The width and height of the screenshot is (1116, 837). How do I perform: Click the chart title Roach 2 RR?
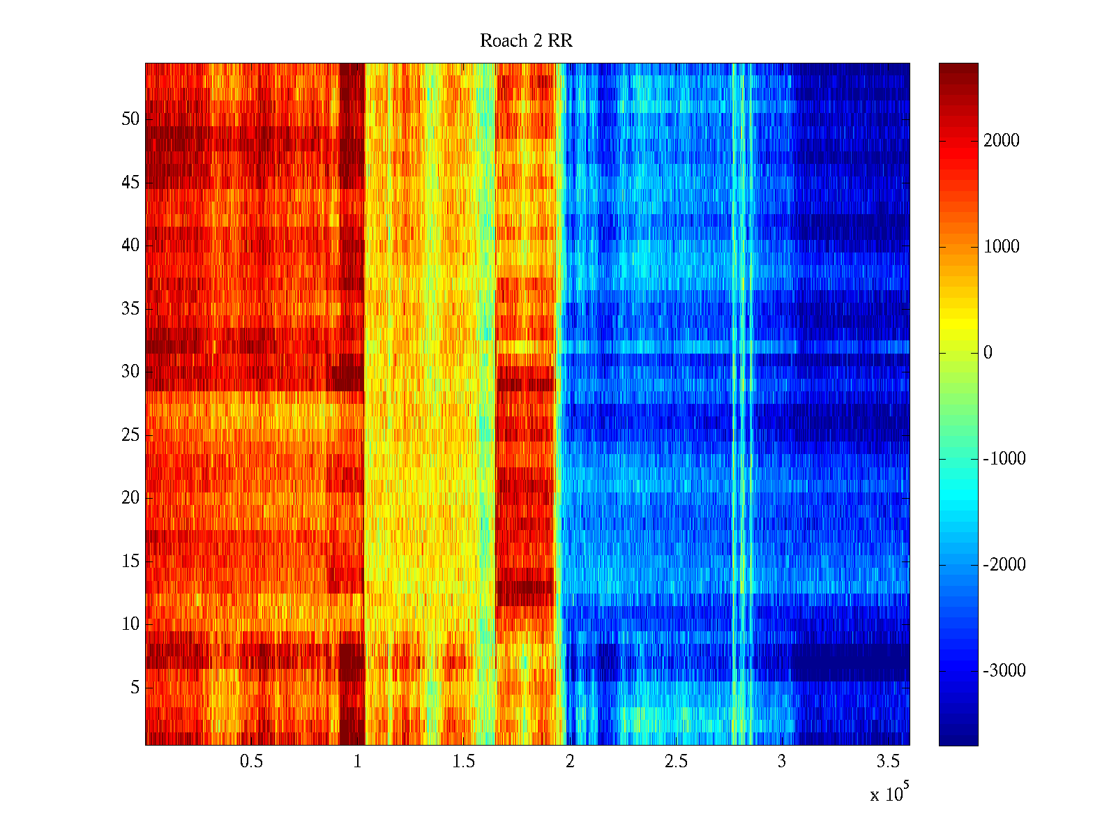[x=526, y=41]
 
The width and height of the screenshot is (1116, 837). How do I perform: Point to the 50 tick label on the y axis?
[x=130, y=119]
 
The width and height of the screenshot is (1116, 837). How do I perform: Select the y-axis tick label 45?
[x=130, y=183]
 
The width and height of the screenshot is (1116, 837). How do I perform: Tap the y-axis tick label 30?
[x=130, y=372]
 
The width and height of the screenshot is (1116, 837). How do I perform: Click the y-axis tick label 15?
[x=130, y=561]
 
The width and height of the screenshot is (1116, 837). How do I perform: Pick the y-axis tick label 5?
[x=135, y=688]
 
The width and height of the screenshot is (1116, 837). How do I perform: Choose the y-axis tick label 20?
[x=130, y=498]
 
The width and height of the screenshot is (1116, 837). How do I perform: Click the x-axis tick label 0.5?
[x=251, y=762]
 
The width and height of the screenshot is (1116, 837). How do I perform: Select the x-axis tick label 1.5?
[x=463, y=762]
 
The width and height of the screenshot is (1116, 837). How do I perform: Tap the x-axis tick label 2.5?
[x=676, y=762]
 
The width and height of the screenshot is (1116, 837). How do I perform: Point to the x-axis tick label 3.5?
[x=888, y=762]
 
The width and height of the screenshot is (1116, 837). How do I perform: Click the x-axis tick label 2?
[x=570, y=762]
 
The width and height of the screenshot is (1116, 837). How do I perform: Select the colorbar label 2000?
[x=1002, y=141]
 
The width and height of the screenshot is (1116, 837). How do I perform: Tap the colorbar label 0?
[x=988, y=353]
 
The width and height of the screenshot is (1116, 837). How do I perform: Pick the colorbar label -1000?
[x=1004, y=459]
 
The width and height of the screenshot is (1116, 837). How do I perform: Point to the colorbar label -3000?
[x=1004, y=671]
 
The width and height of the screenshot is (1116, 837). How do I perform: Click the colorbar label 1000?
[x=1002, y=247]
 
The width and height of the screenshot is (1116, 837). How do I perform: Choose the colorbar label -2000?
[x=1004, y=565]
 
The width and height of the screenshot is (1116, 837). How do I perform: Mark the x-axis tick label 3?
[x=782, y=762]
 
